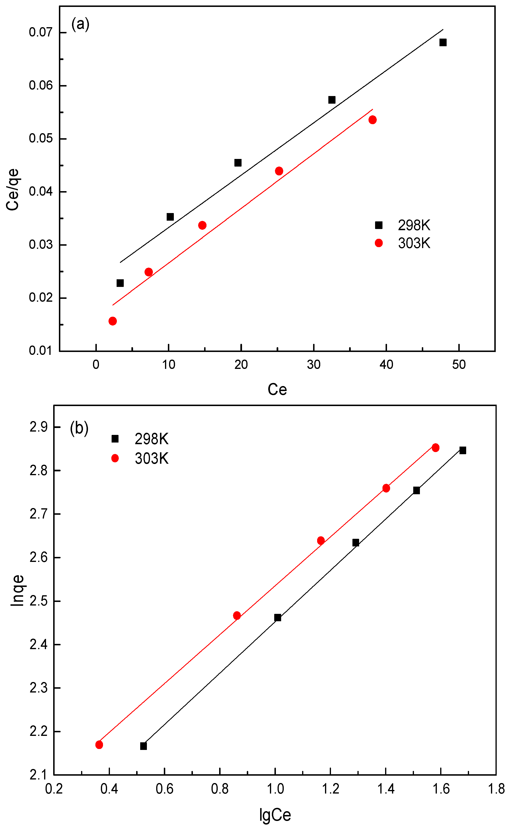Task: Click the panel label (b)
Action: pyautogui.click(x=79, y=428)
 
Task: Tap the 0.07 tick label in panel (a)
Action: pyautogui.click(x=41, y=32)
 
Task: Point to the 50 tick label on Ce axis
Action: pyautogui.click(x=459, y=364)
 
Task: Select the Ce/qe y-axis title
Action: pyautogui.click(x=13, y=190)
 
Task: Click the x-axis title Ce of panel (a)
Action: pyautogui.click(x=277, y=389)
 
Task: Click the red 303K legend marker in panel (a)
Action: pyautogui.click(x=378, y=243)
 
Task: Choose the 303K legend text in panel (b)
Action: pyautogui.click(x=151, y=458)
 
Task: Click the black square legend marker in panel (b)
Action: pyautogui.click(x=115, y=439)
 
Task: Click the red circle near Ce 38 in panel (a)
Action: pyautogui.click(x=372, y=120)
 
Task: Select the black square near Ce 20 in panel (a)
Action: pyautogui.click(x=238, y=163)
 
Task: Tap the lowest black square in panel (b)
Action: pyautogui.click(x=143, y=746)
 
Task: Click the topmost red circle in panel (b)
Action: pyautogui.click(x=435, y=448)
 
